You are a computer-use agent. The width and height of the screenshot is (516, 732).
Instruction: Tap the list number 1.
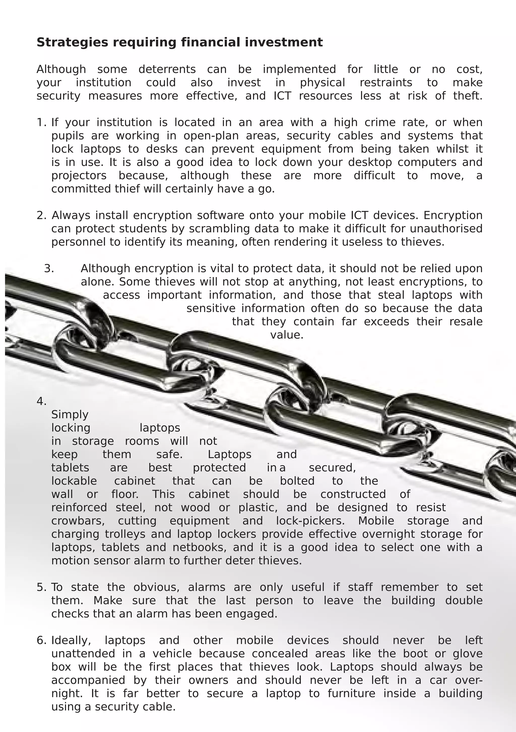pos(41,122)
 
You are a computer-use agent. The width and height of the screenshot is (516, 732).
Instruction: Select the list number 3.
pos(49,269)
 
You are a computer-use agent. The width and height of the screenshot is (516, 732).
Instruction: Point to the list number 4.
pos(41,401)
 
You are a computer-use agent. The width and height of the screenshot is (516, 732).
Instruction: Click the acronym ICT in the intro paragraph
pos(282,96)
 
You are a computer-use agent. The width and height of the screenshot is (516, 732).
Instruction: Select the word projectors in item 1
pos(79,176)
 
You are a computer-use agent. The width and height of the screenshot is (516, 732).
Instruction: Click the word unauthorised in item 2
pos(446,228)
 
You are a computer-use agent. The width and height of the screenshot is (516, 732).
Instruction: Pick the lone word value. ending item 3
pos(287,335)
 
